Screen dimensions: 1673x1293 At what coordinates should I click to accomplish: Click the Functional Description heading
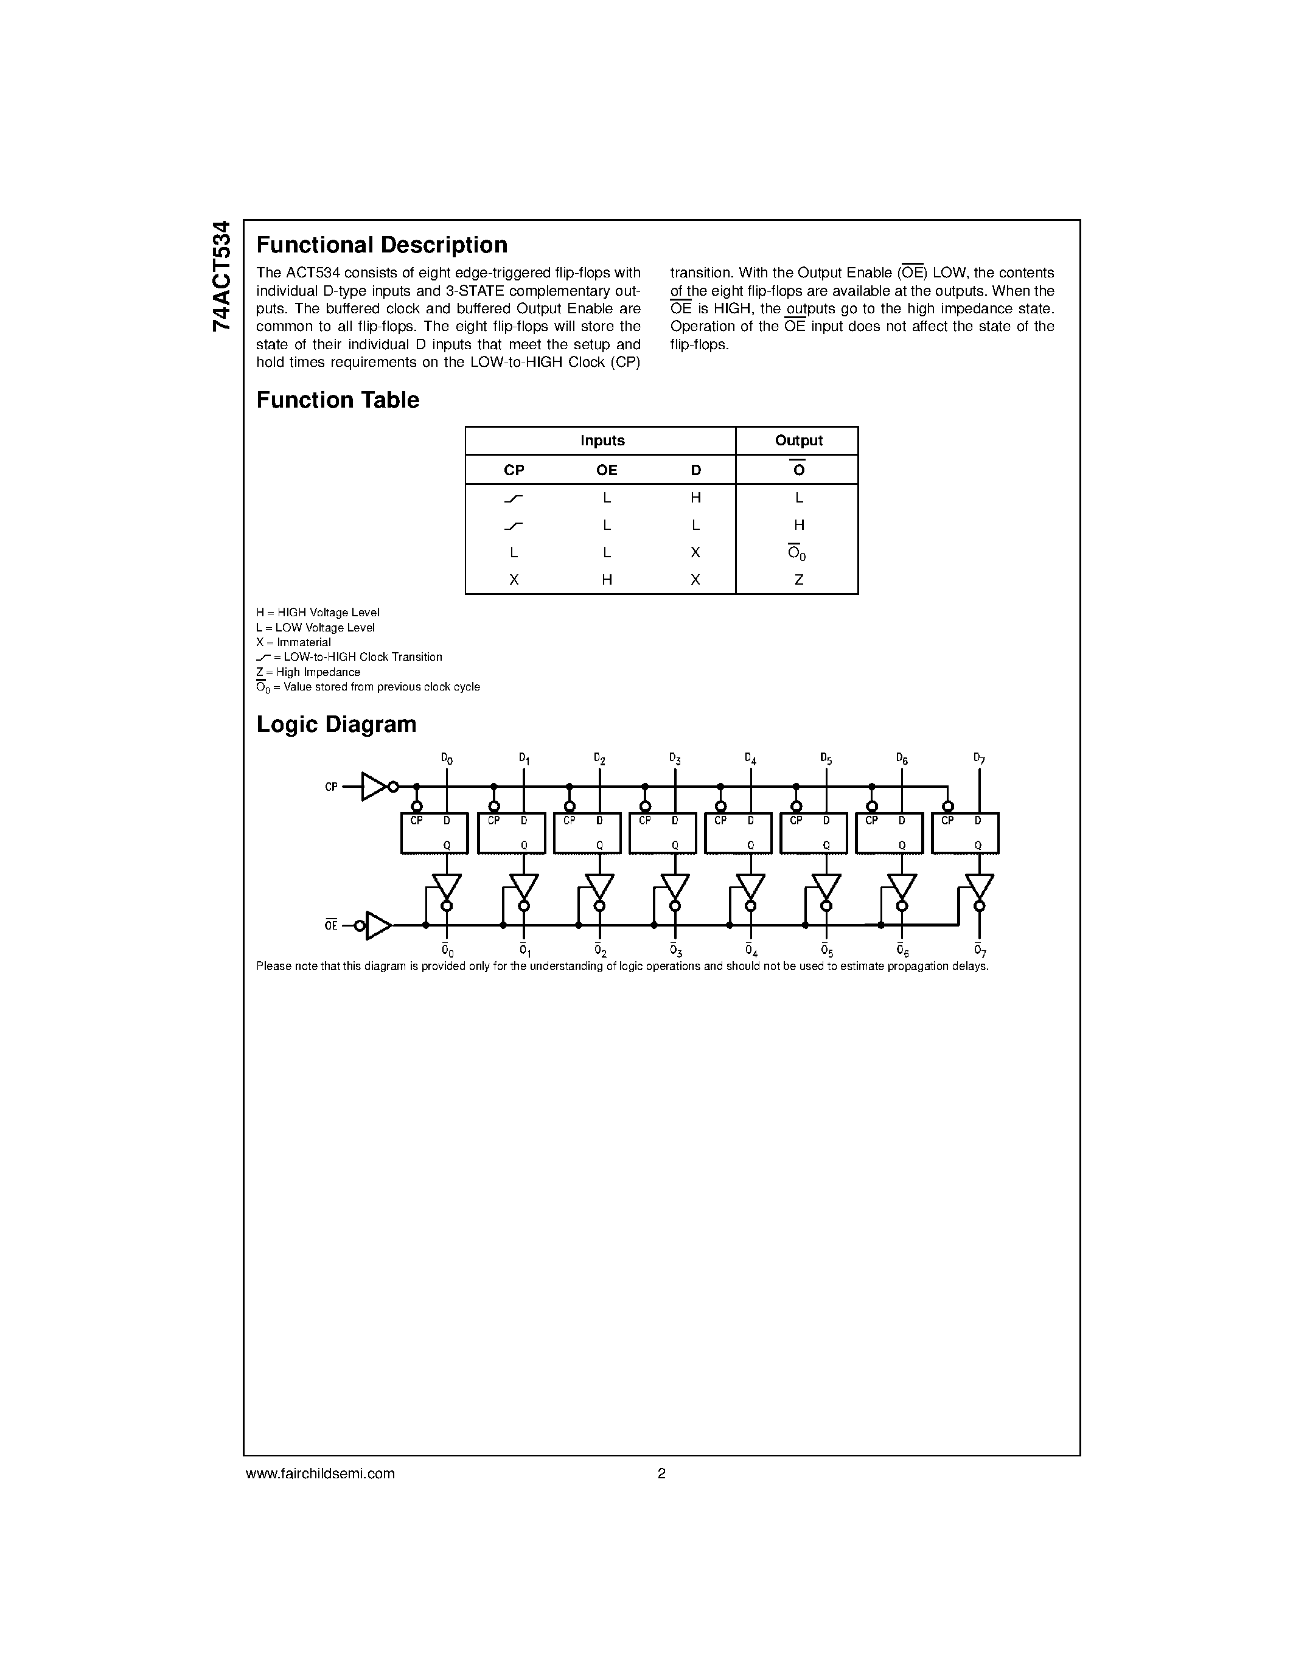click(382, 245)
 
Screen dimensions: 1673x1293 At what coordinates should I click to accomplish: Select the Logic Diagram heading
click(336, 725)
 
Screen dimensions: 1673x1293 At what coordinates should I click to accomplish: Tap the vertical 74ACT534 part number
click(221, 276)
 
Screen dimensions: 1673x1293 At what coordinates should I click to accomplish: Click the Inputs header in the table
click(602, 440)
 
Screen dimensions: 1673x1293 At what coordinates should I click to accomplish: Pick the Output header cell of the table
click(798, 440)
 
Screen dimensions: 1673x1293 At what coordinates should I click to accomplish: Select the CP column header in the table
click(514, 470)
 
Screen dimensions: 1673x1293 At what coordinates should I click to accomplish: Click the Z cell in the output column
click(798, 580)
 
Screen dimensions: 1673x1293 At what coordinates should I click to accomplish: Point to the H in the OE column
click(607, 580)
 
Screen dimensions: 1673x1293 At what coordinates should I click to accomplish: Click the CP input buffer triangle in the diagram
click(373, 787)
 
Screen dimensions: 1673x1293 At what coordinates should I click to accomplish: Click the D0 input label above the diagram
click(447, 759)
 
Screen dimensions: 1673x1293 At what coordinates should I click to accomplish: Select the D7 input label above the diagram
click(979, 759)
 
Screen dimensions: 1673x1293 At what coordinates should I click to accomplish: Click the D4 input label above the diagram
click(751, 759)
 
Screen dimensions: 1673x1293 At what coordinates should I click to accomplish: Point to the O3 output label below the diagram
click(675, 951)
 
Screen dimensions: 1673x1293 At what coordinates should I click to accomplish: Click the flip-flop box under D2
click(587, 833)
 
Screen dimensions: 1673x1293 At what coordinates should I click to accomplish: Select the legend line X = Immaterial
click(293, 642)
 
